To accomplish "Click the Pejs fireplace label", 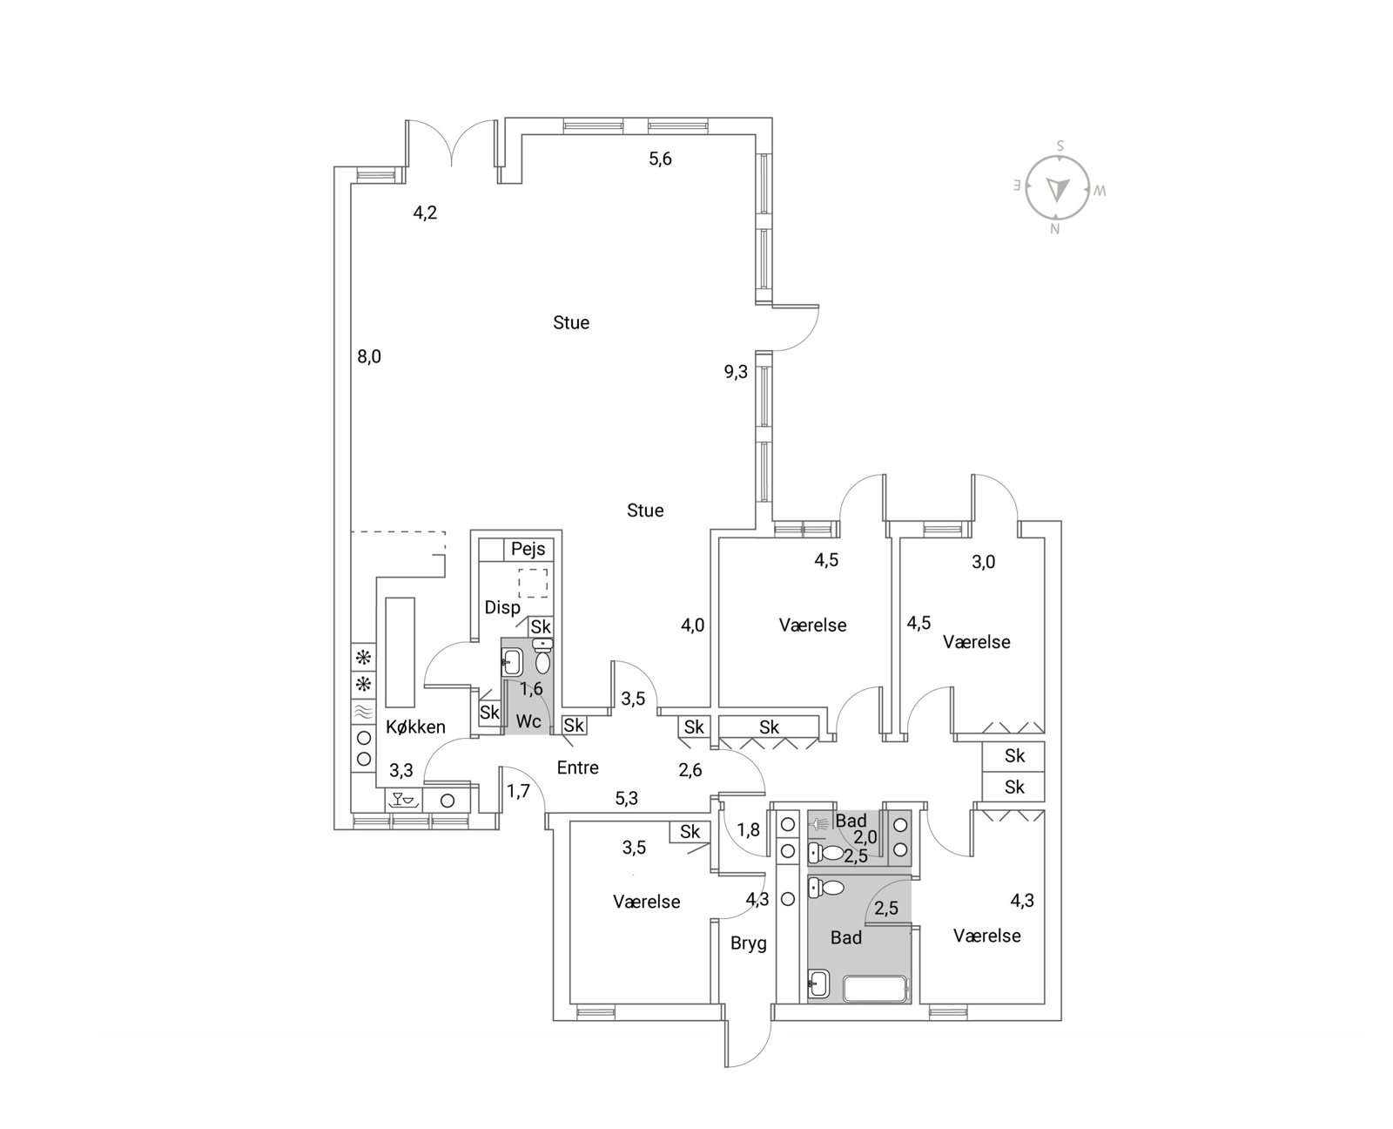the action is pos(528,549).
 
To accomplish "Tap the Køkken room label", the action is pos(415,727).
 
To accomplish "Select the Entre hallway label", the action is pos(577,767).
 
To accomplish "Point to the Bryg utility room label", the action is pos(748,943).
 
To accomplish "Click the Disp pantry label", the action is pos(502,608).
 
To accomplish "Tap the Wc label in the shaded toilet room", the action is pos(528,721).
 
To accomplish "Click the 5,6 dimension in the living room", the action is pos(660,159).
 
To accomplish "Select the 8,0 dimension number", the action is pos(369,356).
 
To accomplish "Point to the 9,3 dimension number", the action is pos(735,372).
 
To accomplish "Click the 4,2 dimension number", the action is pos(425,213).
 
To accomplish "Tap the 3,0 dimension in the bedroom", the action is pos(983,562).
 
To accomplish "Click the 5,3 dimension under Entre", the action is pos(626,798).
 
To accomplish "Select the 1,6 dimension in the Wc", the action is pos(531,688).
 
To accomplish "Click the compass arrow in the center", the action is pos(1057,189).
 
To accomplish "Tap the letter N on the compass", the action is pos(1054,229).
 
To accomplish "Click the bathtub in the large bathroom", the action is pos(875,989).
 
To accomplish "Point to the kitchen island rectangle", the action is pos(400,652).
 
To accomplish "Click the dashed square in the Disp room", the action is pos(533,583).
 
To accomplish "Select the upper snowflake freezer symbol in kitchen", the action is pos(363,657).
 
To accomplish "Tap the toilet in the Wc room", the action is pos(542,659).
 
